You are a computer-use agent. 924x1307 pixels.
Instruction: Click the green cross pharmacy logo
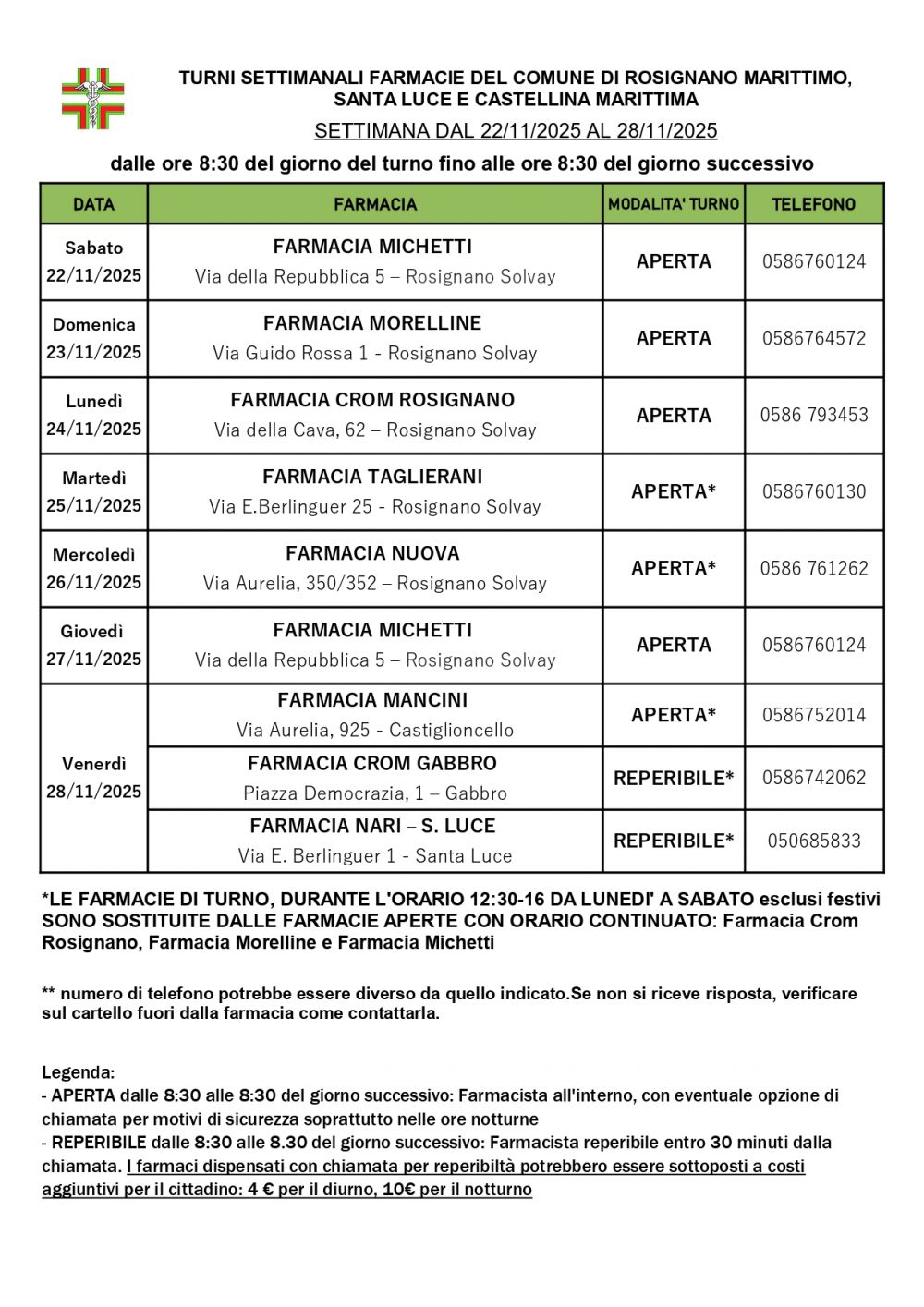(x=92, y=99)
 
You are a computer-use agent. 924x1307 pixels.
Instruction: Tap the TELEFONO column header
(x=813, y=204)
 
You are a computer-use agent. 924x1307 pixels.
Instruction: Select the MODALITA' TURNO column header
(x=674, y=204)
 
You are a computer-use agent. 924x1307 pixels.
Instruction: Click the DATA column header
(x=93, y=204)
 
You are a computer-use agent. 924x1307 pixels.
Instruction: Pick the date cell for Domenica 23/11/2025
(x=93, y=338)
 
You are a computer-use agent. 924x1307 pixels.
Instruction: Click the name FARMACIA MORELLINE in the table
(x=372, y=323)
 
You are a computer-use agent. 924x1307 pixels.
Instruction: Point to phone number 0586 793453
(x=814, y=415)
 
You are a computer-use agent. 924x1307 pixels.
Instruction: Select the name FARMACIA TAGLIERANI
(x=372, y=477)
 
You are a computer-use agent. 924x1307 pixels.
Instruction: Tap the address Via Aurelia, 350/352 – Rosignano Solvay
(x=375, y=584)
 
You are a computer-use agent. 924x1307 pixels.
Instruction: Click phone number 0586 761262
(x=814, y=568)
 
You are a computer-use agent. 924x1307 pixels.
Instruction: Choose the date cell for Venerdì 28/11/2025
(x=93, y=778)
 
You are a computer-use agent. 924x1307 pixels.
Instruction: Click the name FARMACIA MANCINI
(x=372, y=700)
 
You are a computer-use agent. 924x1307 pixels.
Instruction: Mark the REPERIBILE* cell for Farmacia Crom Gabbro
(x=674, y=778)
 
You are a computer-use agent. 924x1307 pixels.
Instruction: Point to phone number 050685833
(x=814, y=841)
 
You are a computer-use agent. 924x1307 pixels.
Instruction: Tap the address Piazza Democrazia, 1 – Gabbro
(x=375, y=793)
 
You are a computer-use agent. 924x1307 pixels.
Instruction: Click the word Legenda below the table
(x=78, y=1072)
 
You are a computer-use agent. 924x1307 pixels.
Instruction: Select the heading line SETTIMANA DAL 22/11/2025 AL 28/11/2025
(x=516, y=131)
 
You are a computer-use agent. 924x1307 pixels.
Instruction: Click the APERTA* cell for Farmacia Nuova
(x=674, y=568)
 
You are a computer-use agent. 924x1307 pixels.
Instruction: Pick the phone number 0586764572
(x=814, y=338)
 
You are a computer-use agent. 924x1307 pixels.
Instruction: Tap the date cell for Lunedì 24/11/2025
(x=93, y=415)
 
